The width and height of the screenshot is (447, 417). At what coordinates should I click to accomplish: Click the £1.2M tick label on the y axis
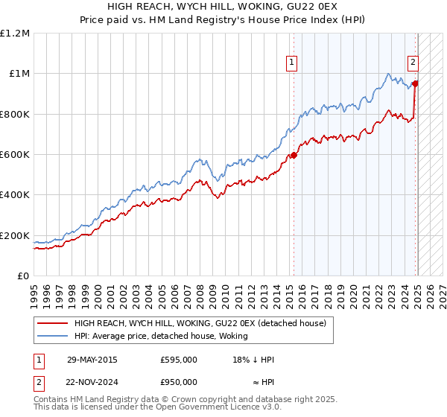(15, 34)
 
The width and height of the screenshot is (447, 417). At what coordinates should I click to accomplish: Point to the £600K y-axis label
(15, 155)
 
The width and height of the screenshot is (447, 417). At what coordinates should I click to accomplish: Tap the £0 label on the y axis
(24, 276)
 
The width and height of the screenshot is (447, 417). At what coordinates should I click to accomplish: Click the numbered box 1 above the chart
(291, 63)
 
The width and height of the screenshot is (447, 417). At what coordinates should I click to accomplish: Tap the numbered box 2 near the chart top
(412, 63)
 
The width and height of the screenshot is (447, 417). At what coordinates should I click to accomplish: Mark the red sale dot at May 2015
(294, 156)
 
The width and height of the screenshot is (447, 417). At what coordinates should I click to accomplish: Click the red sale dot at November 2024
(415, 83)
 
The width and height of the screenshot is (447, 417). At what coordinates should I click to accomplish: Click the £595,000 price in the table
(179, 360)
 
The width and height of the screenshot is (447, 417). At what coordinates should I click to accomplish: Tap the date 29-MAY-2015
(92, 360)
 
